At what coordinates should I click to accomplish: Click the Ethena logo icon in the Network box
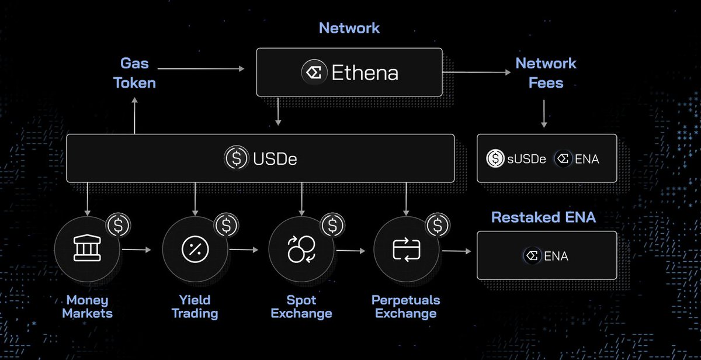click(x=314, y=72)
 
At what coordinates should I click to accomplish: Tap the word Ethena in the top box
click(x=365, y=72)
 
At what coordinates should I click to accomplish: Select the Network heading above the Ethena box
click(x=349, y=27)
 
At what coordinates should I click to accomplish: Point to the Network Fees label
click(x=546, y=72)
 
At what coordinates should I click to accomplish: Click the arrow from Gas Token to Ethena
click(x=201, y=69)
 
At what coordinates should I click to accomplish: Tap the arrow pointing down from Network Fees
click(x=544, y=113)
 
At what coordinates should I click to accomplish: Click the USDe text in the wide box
click(x=276, y=158)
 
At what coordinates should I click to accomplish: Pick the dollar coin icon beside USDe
click(x=235, y=158)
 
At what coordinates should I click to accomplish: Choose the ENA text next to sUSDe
click(x=587, y=158)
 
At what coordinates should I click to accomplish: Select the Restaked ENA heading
click(x=543, y=217)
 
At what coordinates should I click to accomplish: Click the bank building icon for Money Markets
click(x=86, y=250)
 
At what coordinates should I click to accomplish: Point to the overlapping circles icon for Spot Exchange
click(x=301, y=250)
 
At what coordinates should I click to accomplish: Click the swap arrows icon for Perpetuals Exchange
click(x=405, y=250)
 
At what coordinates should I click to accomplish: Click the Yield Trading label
click(x=195, y=307)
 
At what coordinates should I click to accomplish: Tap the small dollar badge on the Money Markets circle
click(x=119, y=224)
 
